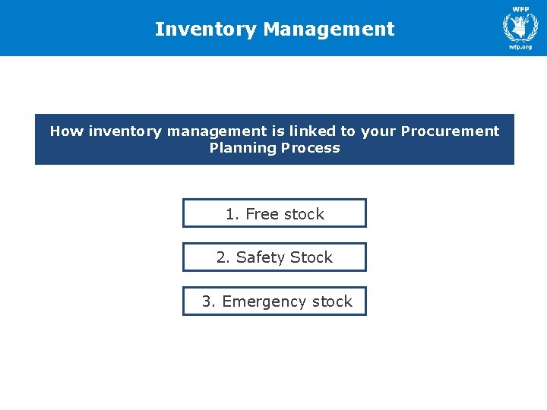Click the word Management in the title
[x=329, y=30]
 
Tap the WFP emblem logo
[x=520, y=25]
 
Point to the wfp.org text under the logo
[x=520, y=47]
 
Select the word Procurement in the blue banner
[x=450, y=131]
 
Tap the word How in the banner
[x=67, y=131]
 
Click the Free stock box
[x=274, y=213]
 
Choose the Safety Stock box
[x=274, y=257]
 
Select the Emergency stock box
[x=274, y=301]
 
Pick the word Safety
[x=258, y=258]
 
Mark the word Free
[x=262, y=214]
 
